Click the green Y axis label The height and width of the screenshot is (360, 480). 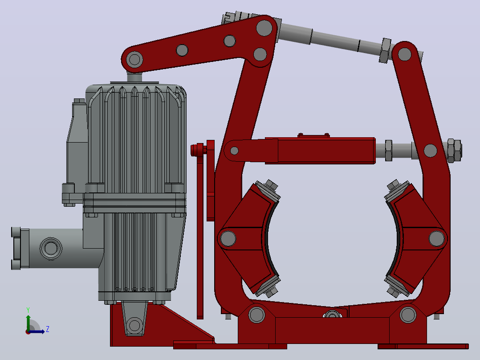click(x=28, y=310)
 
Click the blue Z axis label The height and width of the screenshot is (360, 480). click(x=48, y=329)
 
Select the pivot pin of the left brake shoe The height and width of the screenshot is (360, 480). click(x=228, y=238)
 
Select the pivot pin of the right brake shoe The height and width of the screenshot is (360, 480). click(x=436, y=238)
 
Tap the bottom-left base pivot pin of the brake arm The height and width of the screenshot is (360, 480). click(x=256, y=315)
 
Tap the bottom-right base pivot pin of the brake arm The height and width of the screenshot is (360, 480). click(x=408, y=315)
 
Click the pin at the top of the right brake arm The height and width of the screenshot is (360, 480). click(x=404, y=54)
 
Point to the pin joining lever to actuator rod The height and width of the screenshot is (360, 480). click(x=134, y=59)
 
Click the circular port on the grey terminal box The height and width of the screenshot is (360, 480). click(x=51, y=248)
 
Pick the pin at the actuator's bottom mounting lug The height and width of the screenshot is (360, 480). click(x=134, y=325)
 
